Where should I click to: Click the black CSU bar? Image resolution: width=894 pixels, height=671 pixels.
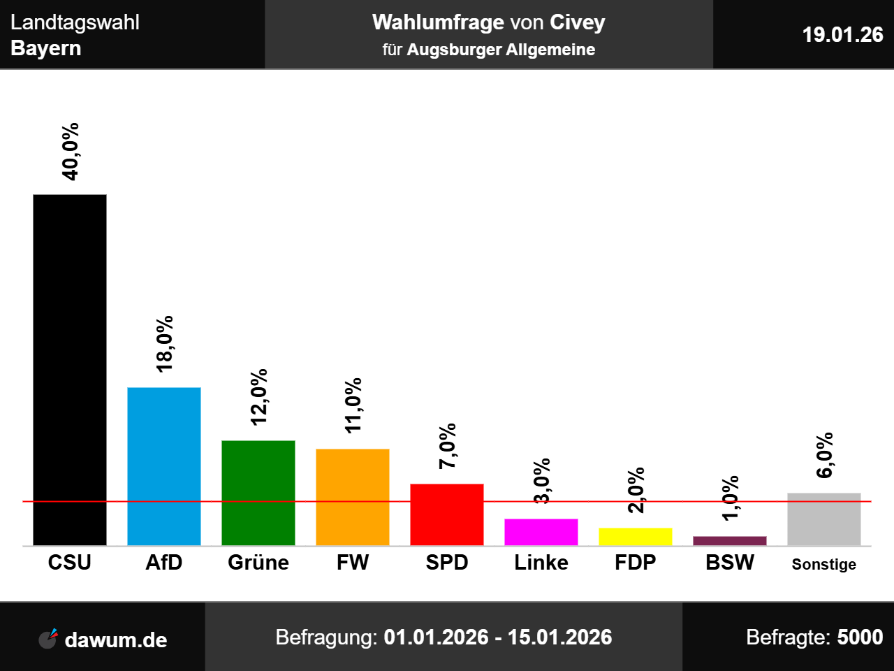point(70,370)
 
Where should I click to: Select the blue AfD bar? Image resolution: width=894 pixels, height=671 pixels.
point(164,466)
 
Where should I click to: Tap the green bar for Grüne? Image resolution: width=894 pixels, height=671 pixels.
point(258,493)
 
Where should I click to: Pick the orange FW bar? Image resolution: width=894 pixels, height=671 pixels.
point(353,497)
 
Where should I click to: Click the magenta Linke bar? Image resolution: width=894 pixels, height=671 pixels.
point(541,532)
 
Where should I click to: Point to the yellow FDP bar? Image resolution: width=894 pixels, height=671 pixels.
point(636,537)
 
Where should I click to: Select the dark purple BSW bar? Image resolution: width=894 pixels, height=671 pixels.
point(730,541)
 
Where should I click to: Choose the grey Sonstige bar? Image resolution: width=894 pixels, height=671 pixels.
point(824,519)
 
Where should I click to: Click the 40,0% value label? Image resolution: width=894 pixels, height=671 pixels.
point(70,152)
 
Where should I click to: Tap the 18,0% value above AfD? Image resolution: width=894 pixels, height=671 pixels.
point(165,344)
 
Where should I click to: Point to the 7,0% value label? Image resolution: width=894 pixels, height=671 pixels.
point(448,446)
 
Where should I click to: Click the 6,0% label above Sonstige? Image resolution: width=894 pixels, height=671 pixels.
point(825,455)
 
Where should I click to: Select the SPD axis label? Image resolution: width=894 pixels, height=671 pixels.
point(447,563)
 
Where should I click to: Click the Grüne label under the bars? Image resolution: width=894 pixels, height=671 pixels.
point(258,563)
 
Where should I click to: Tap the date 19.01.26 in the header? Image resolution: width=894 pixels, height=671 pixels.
point(842,34)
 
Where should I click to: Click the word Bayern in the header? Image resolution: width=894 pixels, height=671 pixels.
point(46,48)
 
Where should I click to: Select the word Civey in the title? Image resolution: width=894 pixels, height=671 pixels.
point(577,22)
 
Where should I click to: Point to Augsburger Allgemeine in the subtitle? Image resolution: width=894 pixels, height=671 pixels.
point(501,50)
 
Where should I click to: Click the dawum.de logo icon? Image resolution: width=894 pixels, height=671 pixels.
point(48,638)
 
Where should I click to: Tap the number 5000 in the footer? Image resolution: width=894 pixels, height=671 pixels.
point(860,637)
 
